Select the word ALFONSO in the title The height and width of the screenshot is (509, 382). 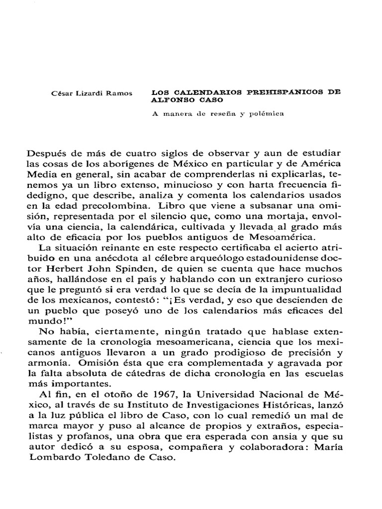[x=170, y=100]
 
